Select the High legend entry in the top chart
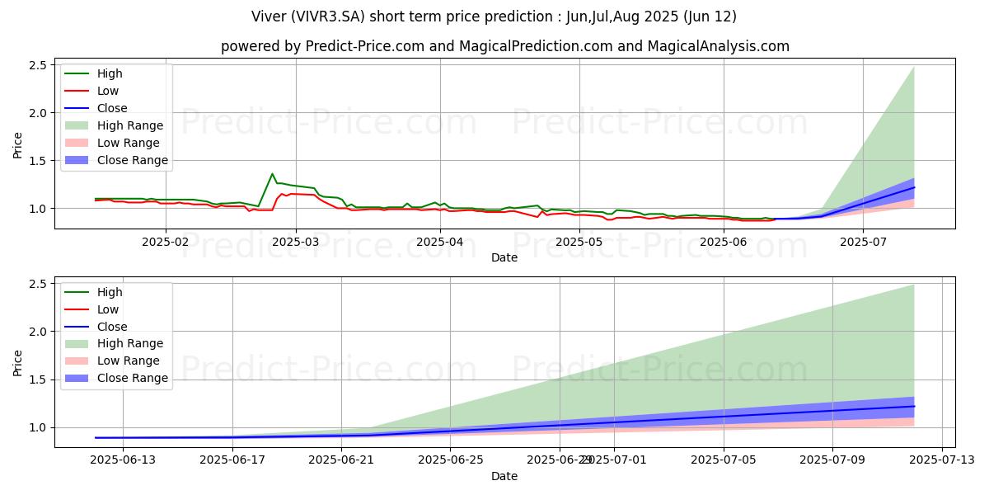click(110, 73)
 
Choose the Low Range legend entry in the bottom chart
click(129, 361)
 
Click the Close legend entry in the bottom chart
click(112, 327)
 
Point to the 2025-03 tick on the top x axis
click(296, 242)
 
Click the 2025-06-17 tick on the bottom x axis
click(232, 460)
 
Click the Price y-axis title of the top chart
click(18, 145)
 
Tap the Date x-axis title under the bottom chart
click(504, 476)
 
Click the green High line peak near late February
click(272, 174)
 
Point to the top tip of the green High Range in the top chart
click(914, 67)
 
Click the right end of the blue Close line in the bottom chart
click(914, 406)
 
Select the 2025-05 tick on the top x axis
click(579, 242)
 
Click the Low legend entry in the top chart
click(108, 91)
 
